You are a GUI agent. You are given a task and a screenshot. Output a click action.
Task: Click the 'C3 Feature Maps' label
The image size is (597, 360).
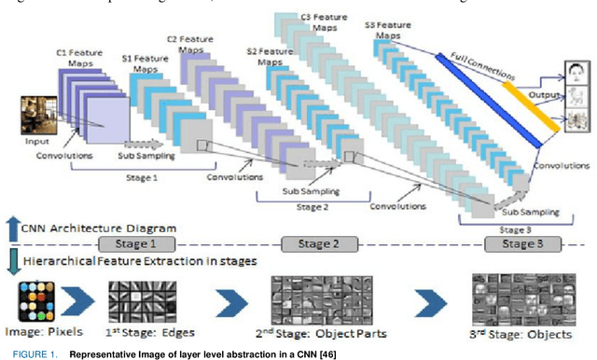point(320,22)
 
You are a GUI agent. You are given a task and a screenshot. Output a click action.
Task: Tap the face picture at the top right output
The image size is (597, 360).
point(577,73)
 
